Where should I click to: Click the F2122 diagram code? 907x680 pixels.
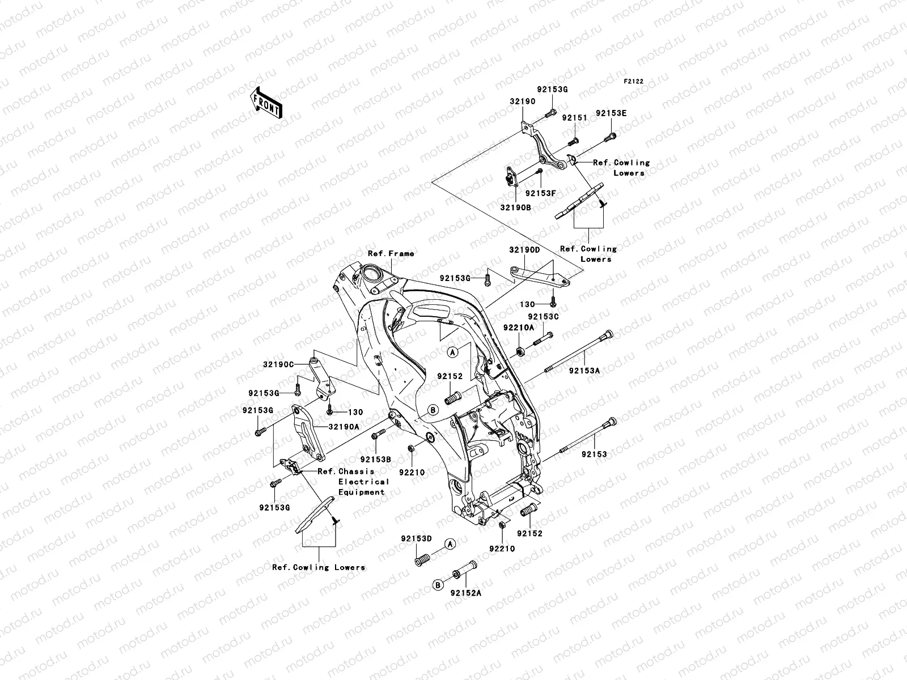tap(634, 82)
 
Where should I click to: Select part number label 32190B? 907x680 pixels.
tap(515, 207)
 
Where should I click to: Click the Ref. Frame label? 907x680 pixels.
tap(391, 253)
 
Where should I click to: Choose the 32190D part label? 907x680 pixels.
tap(524, 249)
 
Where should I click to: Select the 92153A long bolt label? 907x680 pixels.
tap(584, 371)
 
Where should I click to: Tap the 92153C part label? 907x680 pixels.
tap(543, 317)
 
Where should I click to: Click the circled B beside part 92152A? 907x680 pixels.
tap(438, 585)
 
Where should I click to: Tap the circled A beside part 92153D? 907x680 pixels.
tap(450, 544)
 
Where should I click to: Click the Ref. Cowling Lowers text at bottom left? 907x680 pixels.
tap(318, 567)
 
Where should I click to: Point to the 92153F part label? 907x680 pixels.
tap(540, 193)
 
